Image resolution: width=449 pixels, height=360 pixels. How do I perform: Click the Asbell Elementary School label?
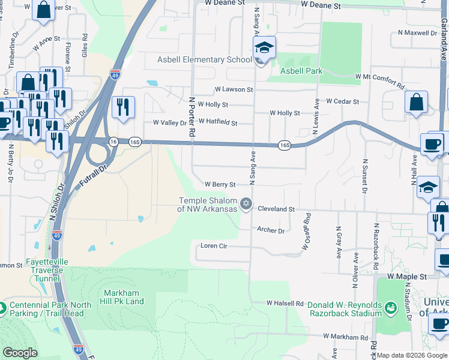tap(205, 59)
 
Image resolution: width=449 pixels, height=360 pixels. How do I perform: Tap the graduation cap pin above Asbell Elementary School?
tap(264, 47)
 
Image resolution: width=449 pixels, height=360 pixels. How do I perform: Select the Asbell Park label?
tap(303, 71)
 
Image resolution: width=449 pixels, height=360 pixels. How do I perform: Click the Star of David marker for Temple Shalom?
tap(245, 205)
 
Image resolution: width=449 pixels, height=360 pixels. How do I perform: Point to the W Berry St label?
tap(220, 185)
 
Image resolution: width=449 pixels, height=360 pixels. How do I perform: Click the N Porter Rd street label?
tap(193, 116)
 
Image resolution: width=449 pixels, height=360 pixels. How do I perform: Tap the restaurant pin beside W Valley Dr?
tap(123, 107)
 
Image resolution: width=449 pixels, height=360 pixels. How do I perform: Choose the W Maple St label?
tap(406, 277)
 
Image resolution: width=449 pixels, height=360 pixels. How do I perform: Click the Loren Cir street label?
tap(214, 246)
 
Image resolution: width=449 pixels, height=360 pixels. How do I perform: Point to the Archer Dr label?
tap(270, 230)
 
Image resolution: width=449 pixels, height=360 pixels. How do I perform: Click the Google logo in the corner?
tap(20, 353)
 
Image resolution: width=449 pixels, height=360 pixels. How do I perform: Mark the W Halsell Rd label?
tap(285, 304)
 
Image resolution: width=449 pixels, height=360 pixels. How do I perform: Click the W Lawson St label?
tap(234, 89)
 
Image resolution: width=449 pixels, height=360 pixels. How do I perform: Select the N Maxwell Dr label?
tap(415, 33)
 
